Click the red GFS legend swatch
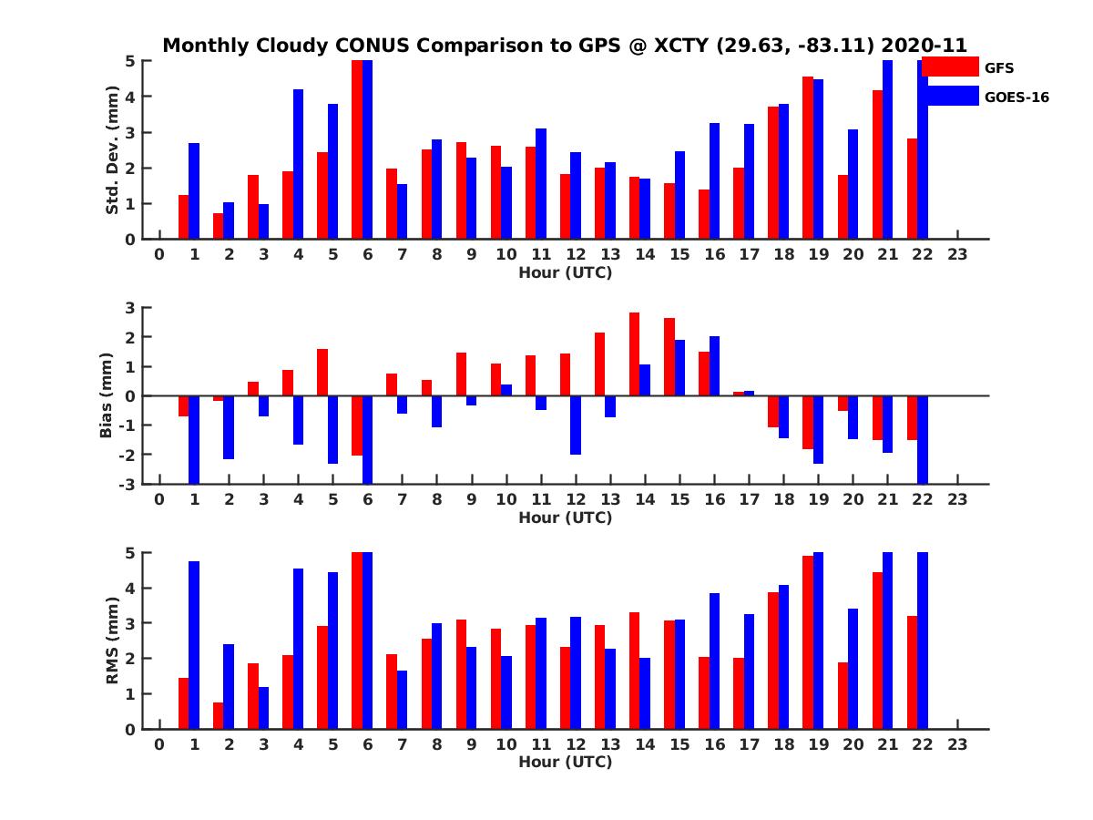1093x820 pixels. [x=950, y=67]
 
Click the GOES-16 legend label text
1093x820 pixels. [x=1016, y=97]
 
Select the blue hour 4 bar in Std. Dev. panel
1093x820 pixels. [x=298, y=164]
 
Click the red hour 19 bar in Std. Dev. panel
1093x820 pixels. [x=807, y=158]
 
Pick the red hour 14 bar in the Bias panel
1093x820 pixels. [x=634, y=354]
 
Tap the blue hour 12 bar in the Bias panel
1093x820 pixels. [x=576, y=425]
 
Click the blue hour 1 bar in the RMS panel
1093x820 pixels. [x=194, y=645]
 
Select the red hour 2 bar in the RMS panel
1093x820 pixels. [x=219, y=715]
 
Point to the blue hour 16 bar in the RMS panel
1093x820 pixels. [x=714, y=661]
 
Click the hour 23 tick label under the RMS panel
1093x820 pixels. [x=957, y=744]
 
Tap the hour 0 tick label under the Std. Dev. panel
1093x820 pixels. [x=159, y=254]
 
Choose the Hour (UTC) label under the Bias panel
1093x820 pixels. [x=565, y=518]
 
